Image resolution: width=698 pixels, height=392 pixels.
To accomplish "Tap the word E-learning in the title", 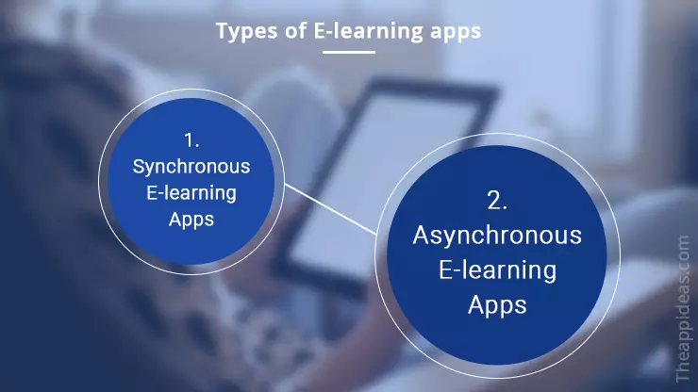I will click(x=351, y=31).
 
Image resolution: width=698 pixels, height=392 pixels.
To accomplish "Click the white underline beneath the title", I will click(x=348, y=52).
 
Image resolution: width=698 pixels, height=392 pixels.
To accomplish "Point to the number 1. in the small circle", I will click(x=191, y=141).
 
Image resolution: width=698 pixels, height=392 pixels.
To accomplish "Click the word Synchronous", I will click(x=191, y=167).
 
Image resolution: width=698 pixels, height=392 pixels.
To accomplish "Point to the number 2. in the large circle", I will click(x=497, y=200).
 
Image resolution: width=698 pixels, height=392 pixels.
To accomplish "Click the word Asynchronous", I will click(x=497, y=235).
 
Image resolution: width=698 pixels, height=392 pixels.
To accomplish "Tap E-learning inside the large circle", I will click(x=497, y=270).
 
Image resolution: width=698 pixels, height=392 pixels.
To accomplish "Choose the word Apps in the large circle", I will click(x=497, y=305).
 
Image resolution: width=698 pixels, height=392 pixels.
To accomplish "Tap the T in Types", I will click(x=222, y=31).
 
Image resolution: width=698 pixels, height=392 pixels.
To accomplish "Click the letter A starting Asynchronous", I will click(x=421, y=235).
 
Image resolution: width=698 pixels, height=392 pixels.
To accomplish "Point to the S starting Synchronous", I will click(x=139, y=167).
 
